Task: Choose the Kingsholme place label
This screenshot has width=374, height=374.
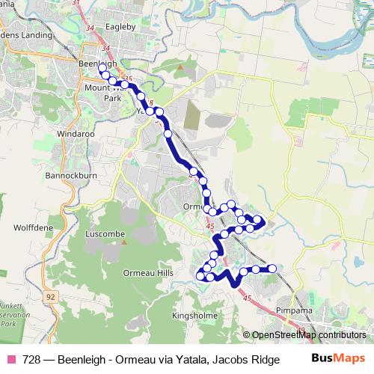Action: pyautogui.click(x=194, y=316)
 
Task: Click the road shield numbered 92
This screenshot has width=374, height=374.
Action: pyautogui.click(x=50, y=297)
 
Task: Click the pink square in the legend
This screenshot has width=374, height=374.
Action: pyautogui.click(x=11, y=359)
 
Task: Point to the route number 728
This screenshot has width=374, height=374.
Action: pyautogui.click(x=31, y=359)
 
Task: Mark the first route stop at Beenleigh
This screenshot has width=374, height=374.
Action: pyautogui.click(x=102, y=68)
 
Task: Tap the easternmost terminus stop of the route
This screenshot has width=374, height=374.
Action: pyautogui.click(x=272, y=268)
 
